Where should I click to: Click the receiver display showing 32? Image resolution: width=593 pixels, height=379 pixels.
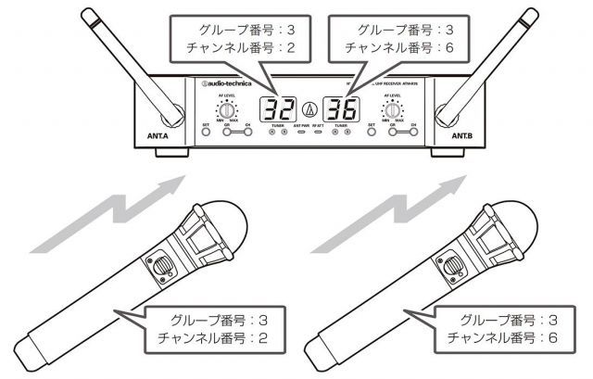coord(275,110)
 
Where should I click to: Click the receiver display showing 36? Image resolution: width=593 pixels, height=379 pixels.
coord(339,110)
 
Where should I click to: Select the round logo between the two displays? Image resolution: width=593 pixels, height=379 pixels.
coord(308,111)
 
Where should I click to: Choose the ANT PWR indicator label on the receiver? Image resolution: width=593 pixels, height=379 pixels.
coord(299,123)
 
